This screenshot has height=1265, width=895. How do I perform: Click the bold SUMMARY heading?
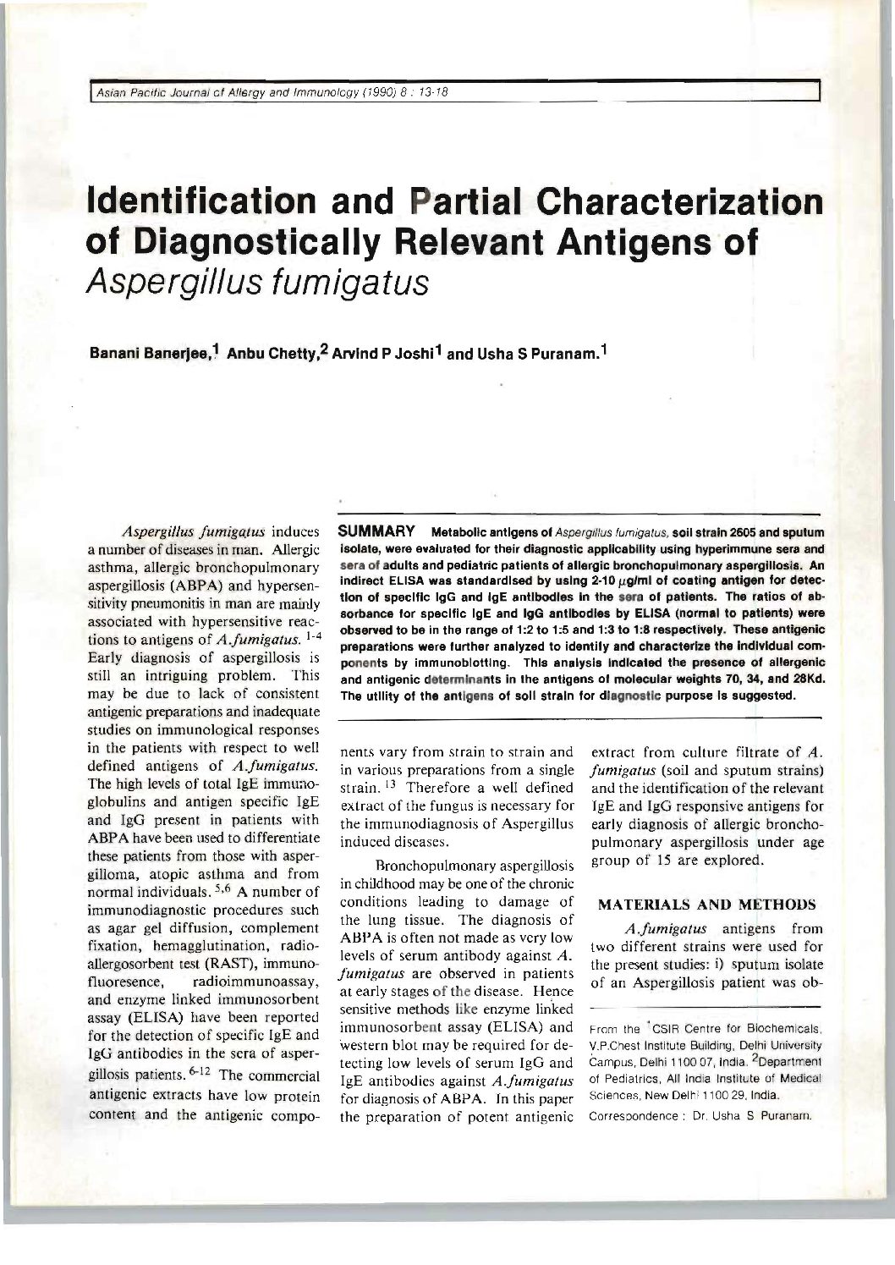(x=375, y=532)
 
